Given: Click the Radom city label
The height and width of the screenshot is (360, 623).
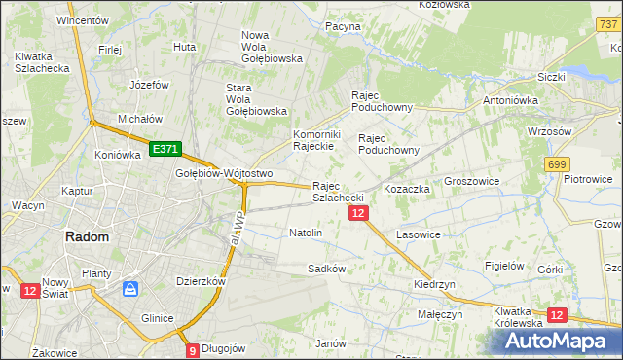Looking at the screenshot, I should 87,236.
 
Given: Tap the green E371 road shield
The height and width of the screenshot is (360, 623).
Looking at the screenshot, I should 165,149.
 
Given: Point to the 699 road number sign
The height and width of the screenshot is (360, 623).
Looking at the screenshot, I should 558,164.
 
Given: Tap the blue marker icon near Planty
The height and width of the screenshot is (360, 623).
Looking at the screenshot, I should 129,290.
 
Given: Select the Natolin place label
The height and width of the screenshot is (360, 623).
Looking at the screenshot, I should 306,234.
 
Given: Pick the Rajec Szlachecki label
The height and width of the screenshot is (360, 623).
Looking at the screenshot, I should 339,192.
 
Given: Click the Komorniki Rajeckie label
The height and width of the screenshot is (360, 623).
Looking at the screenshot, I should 314,140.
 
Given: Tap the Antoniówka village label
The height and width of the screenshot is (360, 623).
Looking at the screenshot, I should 512,99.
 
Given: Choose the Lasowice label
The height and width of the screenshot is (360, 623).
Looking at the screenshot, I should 419,235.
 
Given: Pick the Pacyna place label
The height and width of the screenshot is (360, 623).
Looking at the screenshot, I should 343,26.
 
